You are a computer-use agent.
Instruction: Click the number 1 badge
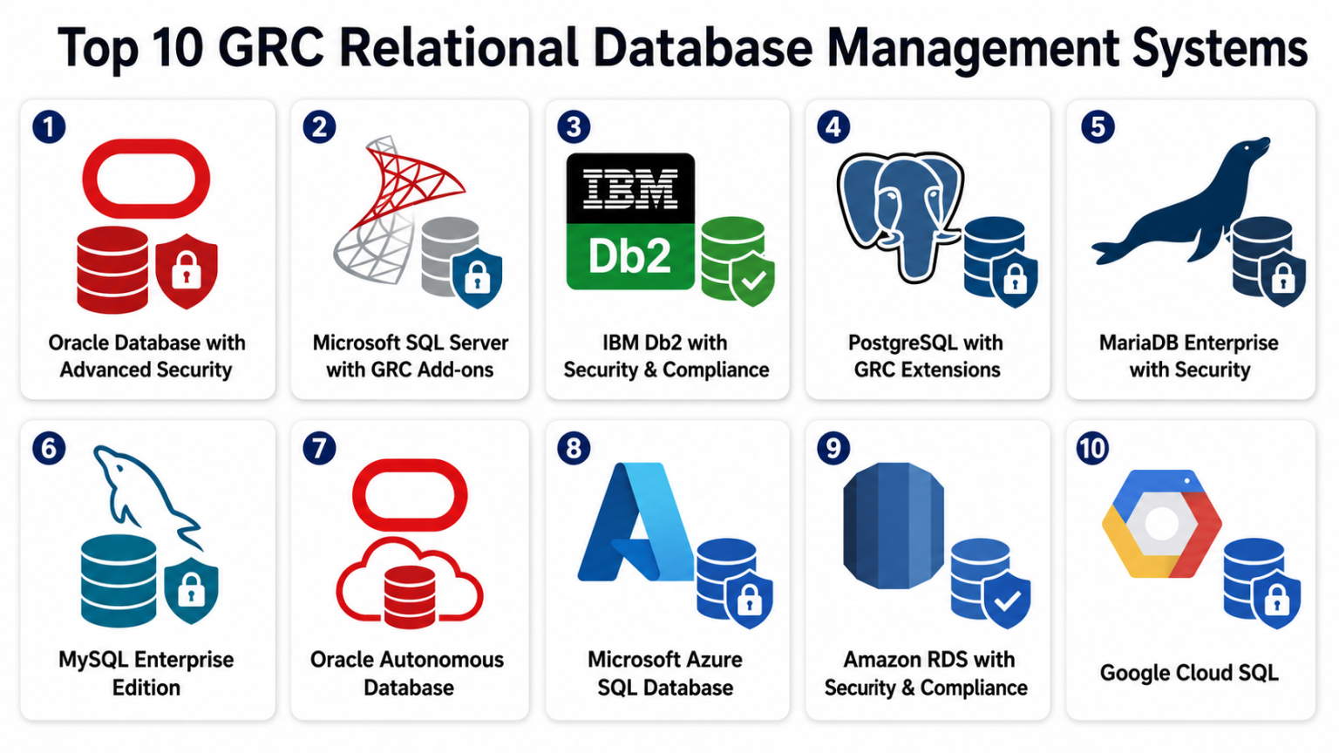pos(49,126)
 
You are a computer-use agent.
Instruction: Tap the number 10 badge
pos(1092,448)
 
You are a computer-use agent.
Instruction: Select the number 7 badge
pos(319,448)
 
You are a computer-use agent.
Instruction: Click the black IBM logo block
pos(630,188)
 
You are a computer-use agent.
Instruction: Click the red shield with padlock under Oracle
pos(186,271)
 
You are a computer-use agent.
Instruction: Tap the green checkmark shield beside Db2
pos(752,279)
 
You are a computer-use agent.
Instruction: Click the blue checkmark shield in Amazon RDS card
pos(1007,600)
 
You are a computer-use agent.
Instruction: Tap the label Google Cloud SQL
pos(1189,673)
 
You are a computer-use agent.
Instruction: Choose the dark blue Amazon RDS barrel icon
pos(893,526)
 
